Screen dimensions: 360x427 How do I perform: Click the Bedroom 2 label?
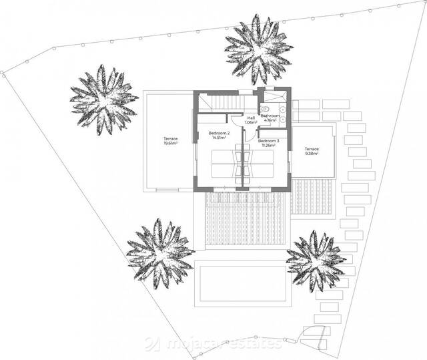[219, 133]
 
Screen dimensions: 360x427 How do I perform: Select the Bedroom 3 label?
[268, 141]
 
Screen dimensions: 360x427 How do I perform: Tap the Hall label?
[251, 118]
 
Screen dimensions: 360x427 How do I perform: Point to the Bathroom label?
[270, 116]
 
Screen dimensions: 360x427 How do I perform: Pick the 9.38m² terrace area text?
[311, 153]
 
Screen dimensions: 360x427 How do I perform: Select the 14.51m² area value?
[219, 138]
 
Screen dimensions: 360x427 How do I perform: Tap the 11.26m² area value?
[268, 145]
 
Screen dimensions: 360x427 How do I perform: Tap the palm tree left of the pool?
[160, 250]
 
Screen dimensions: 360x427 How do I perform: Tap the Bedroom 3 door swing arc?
[250, 134]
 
